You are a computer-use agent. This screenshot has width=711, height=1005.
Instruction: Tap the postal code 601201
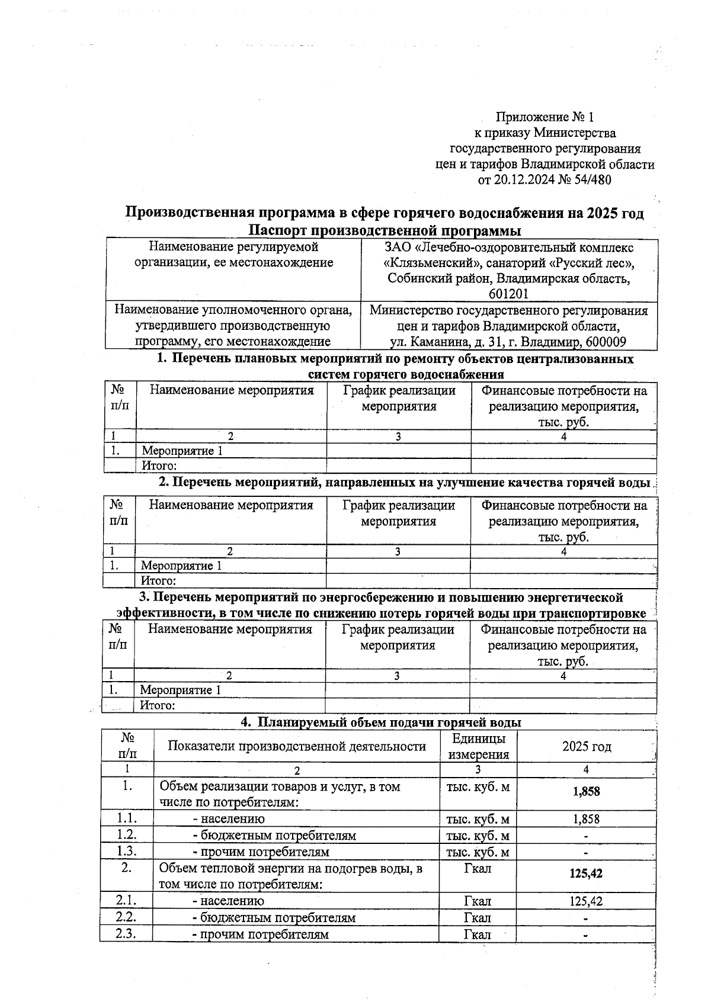[x=509, y=294]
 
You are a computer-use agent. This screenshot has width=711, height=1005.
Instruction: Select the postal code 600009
[x=605, y=342]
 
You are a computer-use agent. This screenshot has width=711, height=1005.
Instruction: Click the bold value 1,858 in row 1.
[x=586, y=792]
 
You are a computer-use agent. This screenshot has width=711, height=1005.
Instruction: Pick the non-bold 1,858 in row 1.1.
[x=586, y=819]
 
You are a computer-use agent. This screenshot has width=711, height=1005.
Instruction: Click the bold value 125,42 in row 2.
[x=586, y=874]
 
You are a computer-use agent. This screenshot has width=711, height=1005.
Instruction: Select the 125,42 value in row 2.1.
[x=586, y=901]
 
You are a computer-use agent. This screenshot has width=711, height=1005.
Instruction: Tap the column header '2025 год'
[x=586, y=747]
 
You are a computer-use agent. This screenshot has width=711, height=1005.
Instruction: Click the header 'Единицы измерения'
[x=478, y=747]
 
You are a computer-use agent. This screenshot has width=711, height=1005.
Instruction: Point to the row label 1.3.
[x=127, y=852]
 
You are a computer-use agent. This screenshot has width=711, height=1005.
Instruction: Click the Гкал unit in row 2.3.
[x=478, y=935]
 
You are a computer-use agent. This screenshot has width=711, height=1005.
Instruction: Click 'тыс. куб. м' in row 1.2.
[x=478, y=836]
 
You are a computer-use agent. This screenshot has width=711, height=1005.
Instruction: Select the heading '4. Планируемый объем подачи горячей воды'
[x=380, y=723]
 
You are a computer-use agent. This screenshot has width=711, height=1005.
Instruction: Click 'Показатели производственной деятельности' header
[x=296, y=746]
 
